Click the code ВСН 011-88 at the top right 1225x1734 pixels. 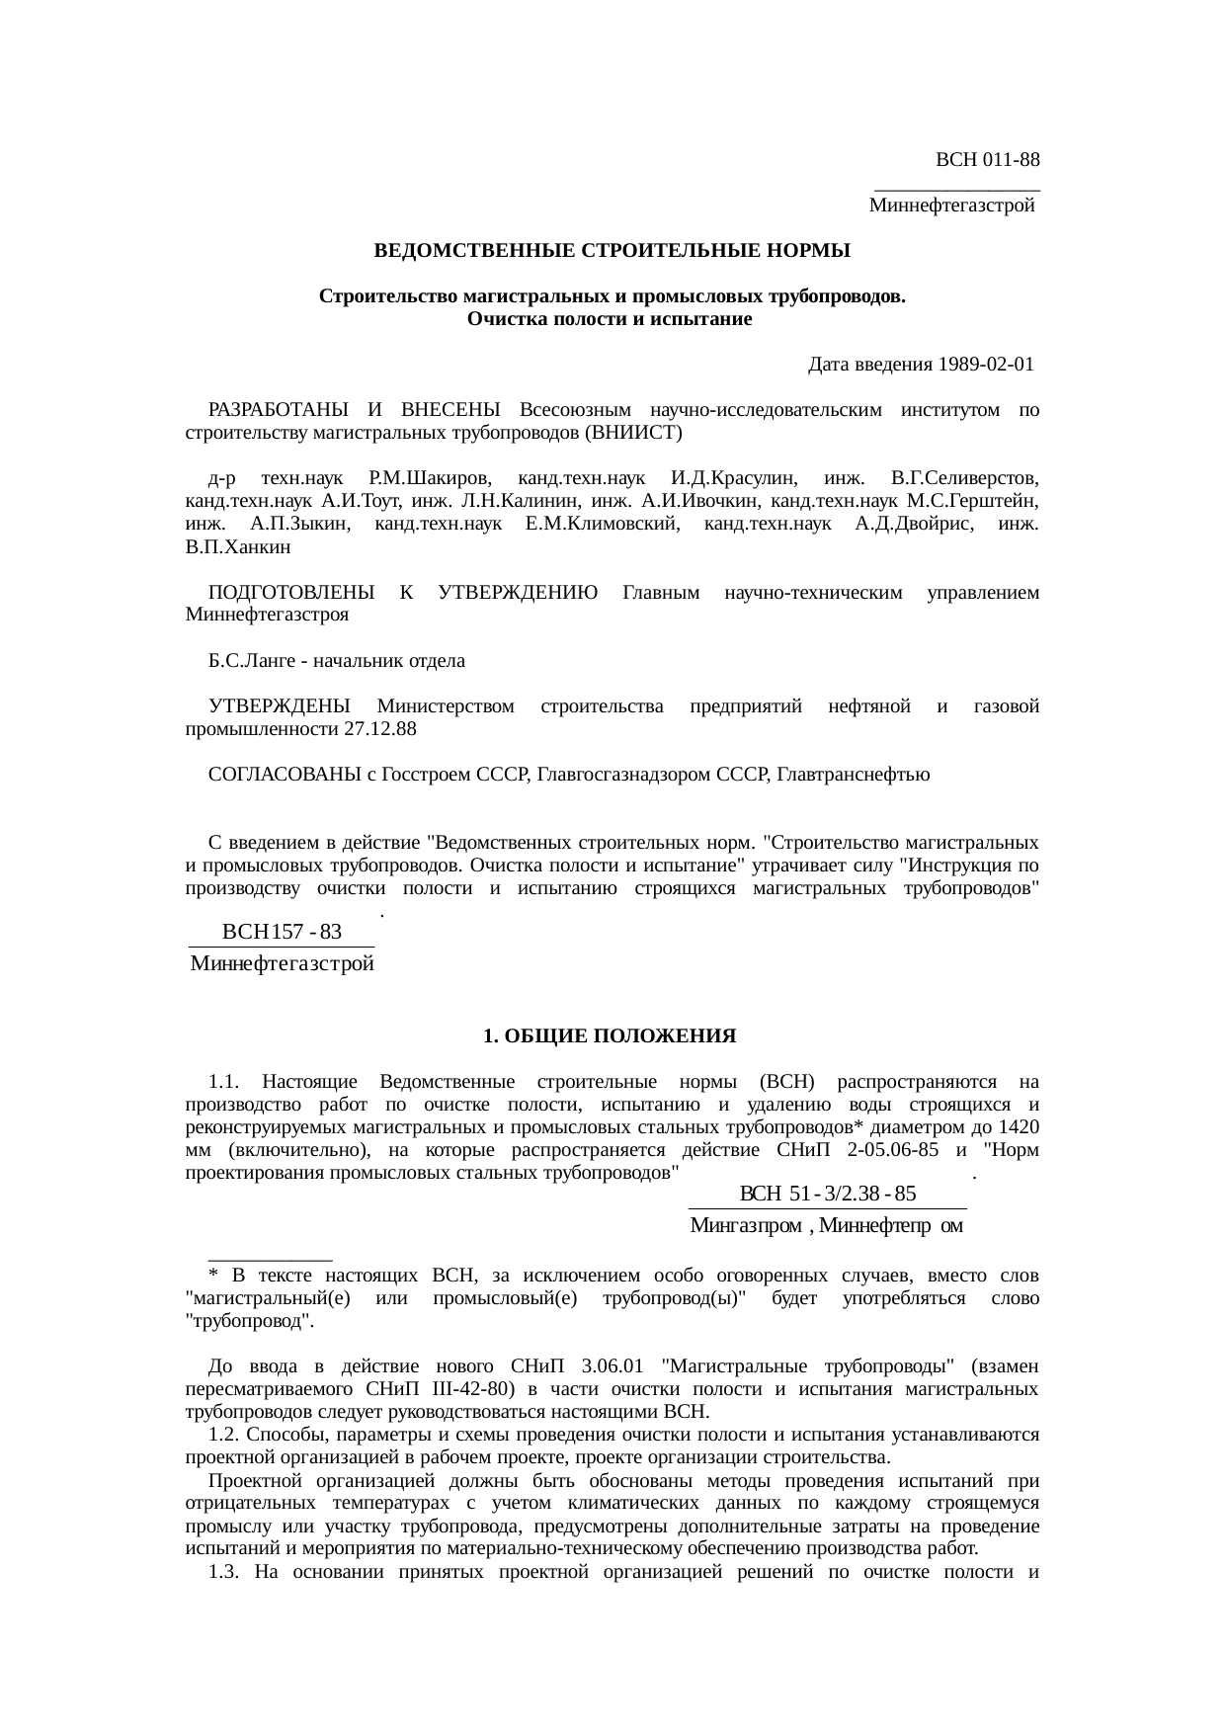click(x=987, y=159)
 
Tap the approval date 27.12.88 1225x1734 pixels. click(x=380, y=729)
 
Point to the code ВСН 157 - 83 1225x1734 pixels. click(x=282, y=932)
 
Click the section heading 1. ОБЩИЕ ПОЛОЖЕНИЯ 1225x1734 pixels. click(x=610, y=1036)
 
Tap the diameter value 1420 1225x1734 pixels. click(x=1019, y=1127)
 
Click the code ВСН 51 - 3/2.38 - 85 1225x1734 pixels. click(x=827, y=1194)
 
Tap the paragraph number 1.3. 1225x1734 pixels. click(x=224, y=1572)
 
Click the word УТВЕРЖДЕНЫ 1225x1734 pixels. click(x=280, y=706)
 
